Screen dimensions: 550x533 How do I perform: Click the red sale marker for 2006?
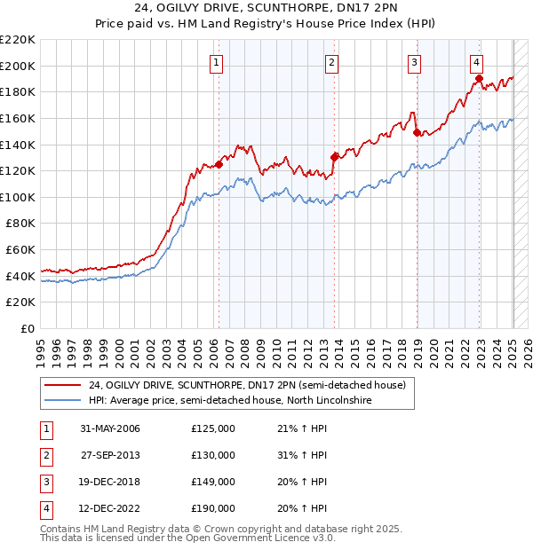(x=219, y=164)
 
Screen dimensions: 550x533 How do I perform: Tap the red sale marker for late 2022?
(x=479, y=78)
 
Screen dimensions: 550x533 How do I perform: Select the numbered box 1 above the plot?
(x=218, y=62)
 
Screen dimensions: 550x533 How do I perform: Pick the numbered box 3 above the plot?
(x=415, y=62)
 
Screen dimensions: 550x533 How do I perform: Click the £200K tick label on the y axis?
(x=19, y=66)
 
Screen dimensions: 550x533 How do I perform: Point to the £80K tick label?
(x=21, y=224)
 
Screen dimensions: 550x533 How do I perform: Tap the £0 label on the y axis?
(x=28, y=329)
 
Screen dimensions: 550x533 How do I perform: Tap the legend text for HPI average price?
(x=230, y=401)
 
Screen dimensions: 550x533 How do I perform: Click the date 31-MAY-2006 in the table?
(x=109, y=429)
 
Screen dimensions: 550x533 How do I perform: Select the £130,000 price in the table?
(x=213, y=455)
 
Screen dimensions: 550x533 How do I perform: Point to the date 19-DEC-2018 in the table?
(x=110, y=482)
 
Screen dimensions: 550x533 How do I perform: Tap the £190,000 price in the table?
(x=213, y=508)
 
